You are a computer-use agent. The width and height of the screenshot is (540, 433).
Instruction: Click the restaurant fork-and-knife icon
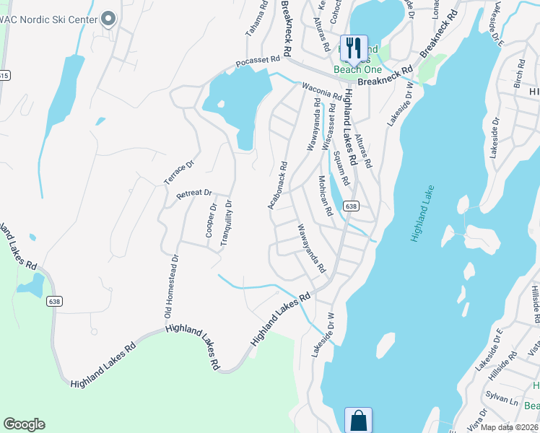[353, 48]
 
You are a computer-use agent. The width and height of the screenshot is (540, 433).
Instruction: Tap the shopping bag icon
[359, 419]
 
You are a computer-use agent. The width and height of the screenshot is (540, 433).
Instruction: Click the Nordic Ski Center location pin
[109, 19]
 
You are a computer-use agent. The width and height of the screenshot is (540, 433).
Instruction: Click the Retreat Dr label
[193, 194]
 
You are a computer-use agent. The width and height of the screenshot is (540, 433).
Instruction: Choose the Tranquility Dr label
[227, 224]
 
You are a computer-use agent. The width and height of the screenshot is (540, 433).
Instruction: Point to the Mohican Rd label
[325, 196]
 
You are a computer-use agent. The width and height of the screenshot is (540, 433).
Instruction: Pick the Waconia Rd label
[321, 94]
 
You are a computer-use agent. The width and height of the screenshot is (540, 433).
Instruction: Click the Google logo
[24, 424]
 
